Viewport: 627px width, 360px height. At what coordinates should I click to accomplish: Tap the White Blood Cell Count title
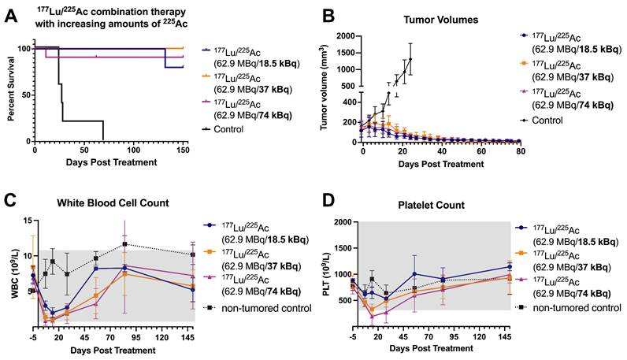point(113,203)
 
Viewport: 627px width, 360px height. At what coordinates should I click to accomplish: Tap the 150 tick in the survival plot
point(183,149)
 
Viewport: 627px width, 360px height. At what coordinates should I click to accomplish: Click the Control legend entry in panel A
point(241,128)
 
